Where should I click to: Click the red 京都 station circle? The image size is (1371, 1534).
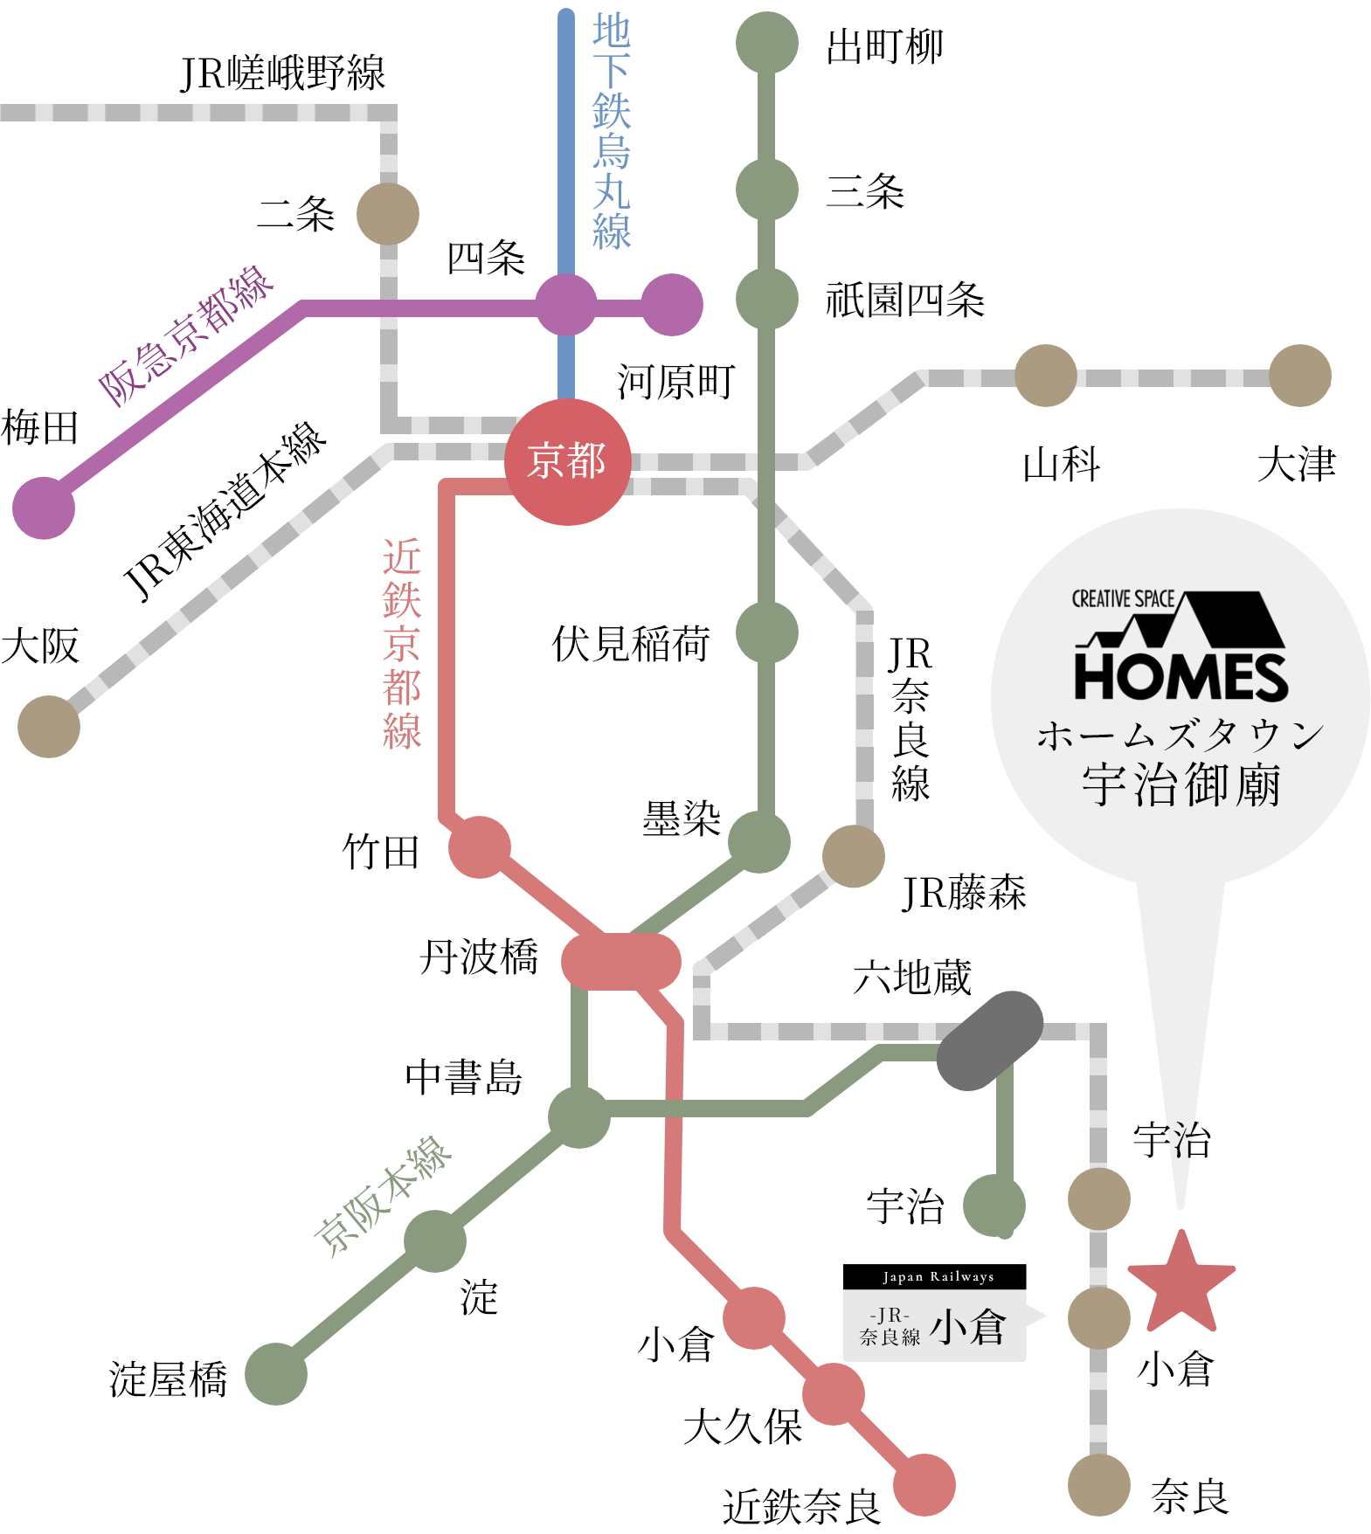coord(568,462)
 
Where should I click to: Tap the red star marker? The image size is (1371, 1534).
coord(1181,1283)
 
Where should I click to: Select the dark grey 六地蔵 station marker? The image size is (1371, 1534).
coord(989,1040)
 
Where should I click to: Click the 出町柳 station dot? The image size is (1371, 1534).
coord(767,43)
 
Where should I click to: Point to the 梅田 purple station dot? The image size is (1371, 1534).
coord(44,508)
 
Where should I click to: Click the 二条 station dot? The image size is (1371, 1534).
coord(388,214)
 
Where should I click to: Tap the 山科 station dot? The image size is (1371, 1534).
coord(1046,376)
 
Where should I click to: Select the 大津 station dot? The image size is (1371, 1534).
coord(1300,376)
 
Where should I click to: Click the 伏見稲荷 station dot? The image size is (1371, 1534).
coord(767,632)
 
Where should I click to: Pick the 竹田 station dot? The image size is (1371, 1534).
coord(480,847)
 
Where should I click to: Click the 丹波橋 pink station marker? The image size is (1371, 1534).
coord(620,962)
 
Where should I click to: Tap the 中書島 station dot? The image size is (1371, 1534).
coord(579,1117)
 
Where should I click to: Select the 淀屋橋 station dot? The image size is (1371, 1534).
coord(276,1374)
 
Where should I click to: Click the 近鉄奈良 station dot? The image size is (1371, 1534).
coord(924,1485)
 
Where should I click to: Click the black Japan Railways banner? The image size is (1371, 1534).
coord(935,1276)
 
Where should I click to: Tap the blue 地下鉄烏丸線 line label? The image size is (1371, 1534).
coord(612,131)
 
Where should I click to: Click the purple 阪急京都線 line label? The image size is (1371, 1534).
coord(186,335)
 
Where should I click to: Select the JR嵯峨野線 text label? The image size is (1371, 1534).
coord(283,73)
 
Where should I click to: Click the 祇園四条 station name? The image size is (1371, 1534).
coord(905,300)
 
